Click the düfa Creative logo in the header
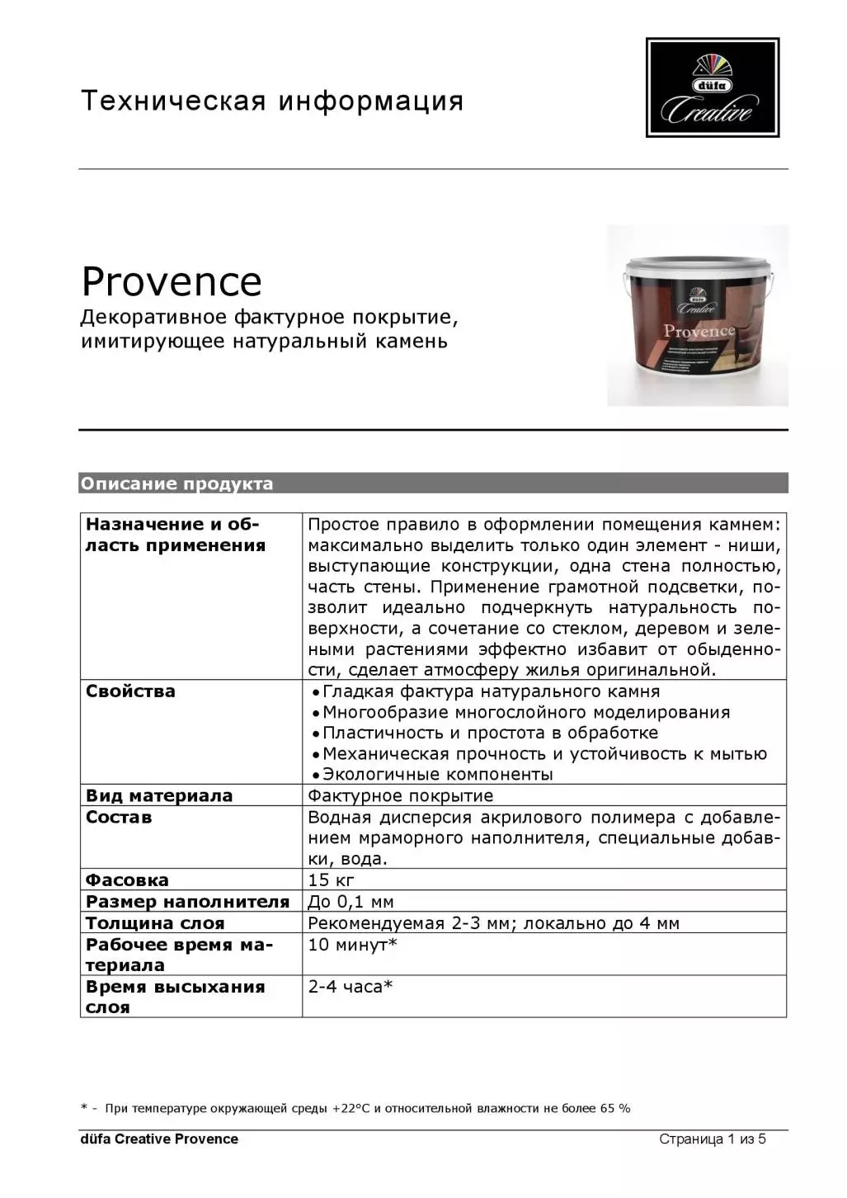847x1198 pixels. pyautogui.click(x=712, y=87)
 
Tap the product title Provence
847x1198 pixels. pyautogui.click(x=172, y=281)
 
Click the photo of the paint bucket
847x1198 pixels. pyautogui.click(x=697, y=316)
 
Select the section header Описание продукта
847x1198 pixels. pyautogui.click(x=176, y=483)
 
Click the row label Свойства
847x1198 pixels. pyautogui.click(x=130, y=691)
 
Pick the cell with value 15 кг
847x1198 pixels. pyautogui.click(x=331, y=880)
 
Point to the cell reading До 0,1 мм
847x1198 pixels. pyautogui.click(x=351, y=901)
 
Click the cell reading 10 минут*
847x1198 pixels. pyautogui.click(x=352, y=945)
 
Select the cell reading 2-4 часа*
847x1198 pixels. pyautogui.click(x=350, y=987)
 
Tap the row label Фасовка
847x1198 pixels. pyautogui.click(x=127, y=880)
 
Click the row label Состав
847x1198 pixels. pyautogui.click(x=119, y=818)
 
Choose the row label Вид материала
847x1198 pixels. pyautogui.click(x=159, y=796)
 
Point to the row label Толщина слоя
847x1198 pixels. pyautogui.click(x=155, y=923)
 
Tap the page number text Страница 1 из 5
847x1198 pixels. pyautogui.click(x=712, y=1139)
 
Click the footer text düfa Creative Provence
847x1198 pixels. pyautogui.click(x=159, y=1139)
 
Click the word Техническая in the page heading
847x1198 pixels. pyautogui.click(x=173, y=101)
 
